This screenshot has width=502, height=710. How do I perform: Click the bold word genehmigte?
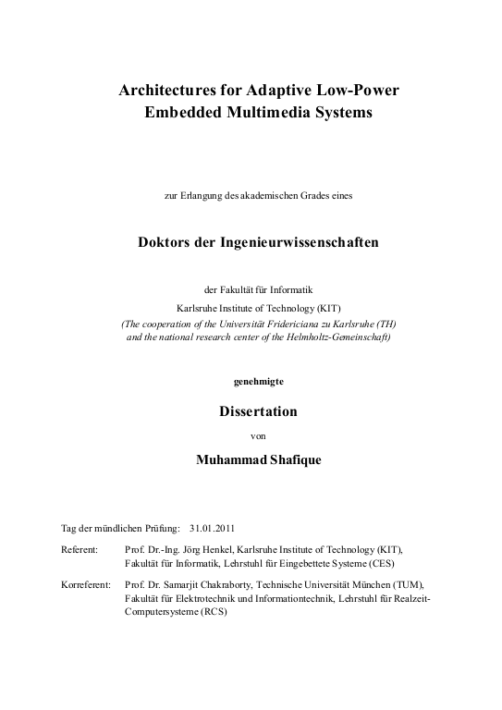251,382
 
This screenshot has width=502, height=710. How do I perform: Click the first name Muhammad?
227,457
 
